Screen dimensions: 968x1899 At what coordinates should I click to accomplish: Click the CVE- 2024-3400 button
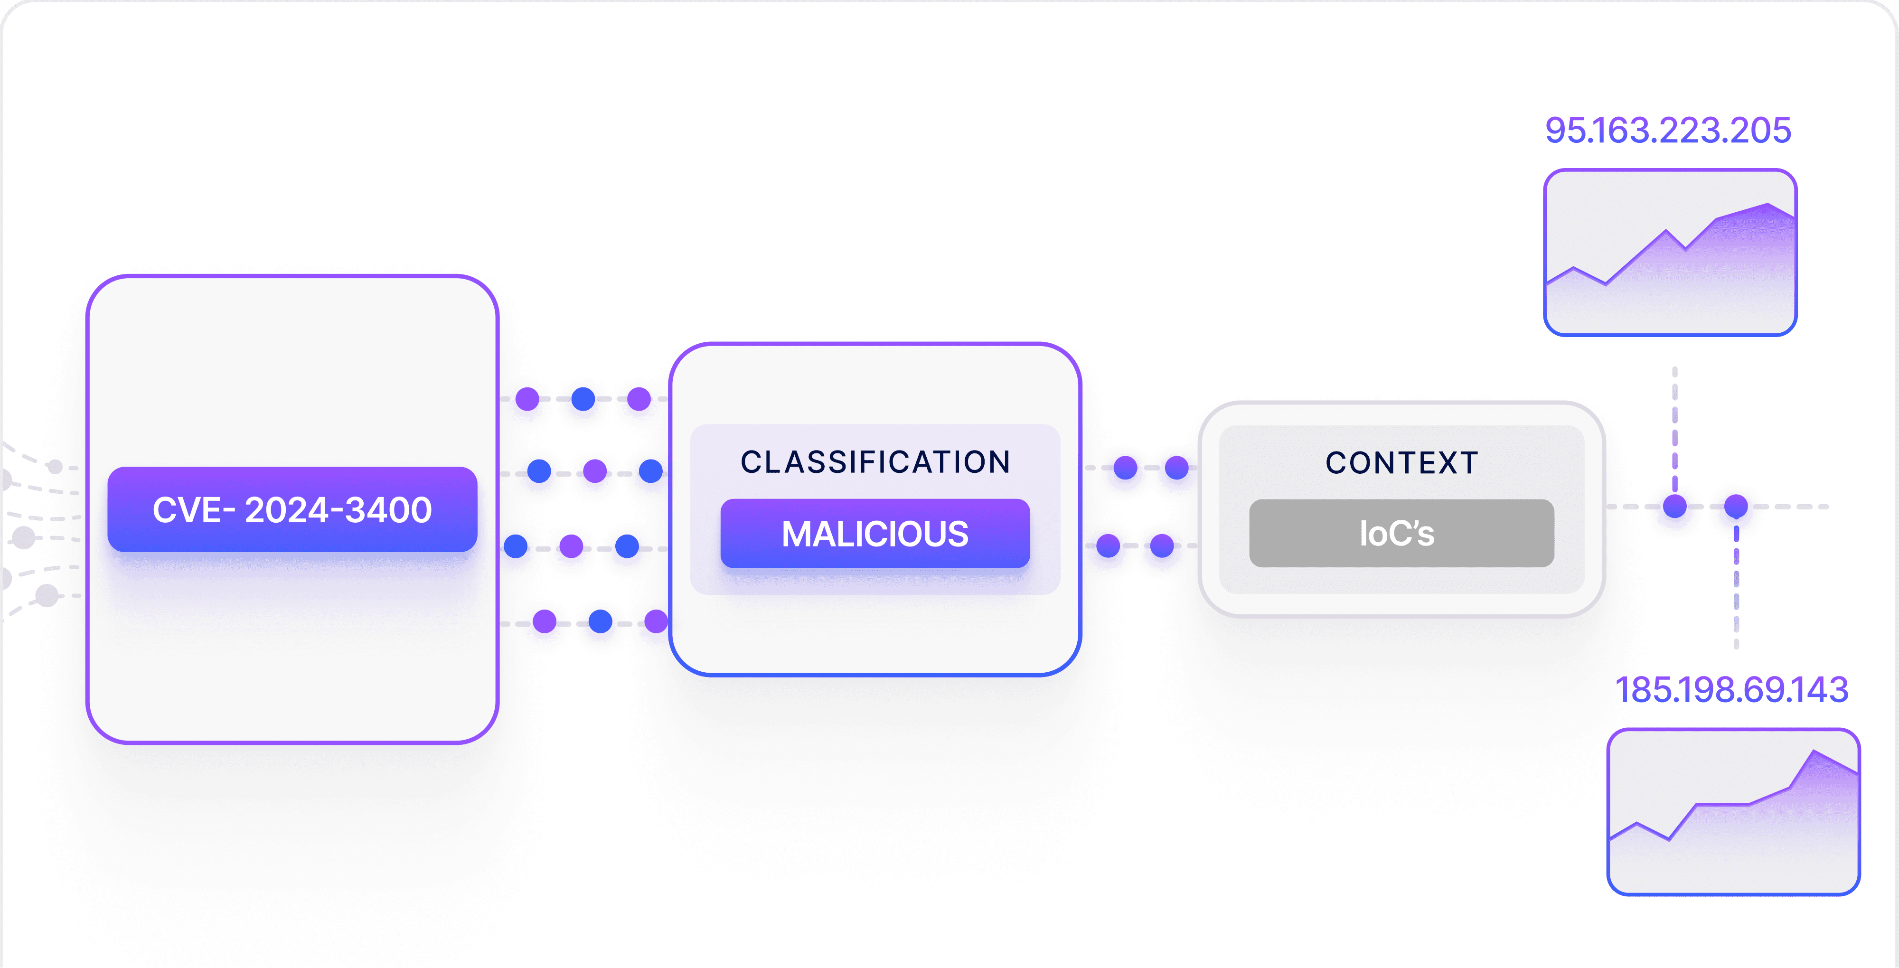click(292, 509)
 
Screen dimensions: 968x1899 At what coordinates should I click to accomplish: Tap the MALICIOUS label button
click(874, 533)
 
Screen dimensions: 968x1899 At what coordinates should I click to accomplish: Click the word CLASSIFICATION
click(875, 462)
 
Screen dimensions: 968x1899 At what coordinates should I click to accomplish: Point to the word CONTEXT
click(1401, 463)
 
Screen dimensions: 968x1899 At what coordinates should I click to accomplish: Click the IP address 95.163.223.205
click(1667, 131)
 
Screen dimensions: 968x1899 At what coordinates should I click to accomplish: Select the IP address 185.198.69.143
click(1731, 690)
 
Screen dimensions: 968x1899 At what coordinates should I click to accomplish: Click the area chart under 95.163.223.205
click(1670, 253)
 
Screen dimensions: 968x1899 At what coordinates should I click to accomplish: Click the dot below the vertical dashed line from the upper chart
click(1675, 507)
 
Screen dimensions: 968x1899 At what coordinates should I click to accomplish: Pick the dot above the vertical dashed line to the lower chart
click(1736, 507)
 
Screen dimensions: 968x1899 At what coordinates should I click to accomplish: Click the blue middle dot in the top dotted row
click(583, 399)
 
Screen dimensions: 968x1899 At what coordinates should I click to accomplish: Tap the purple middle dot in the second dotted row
click(595, 470)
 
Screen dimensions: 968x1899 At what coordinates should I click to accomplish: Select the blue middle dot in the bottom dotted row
click(600, 621)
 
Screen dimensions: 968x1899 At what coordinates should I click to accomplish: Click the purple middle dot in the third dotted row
click(571, 546)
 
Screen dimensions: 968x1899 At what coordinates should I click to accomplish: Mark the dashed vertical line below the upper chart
click(1675, 428)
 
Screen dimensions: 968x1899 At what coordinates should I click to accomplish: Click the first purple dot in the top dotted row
click(527, 399)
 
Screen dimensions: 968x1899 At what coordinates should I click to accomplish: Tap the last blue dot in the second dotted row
click(650, 470)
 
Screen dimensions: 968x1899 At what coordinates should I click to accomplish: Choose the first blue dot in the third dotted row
click(515, 546)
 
